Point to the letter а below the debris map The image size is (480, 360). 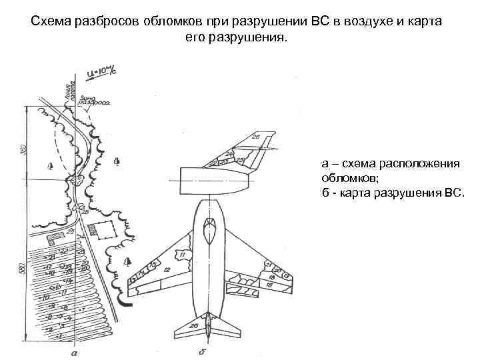coord(75,351)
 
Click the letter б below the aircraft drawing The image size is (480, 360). coord(201,351)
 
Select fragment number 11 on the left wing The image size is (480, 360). coord(181,255)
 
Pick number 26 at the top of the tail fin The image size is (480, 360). coord(257,137)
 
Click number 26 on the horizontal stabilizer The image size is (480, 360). coord(194,326)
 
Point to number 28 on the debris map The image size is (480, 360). coord(85,212)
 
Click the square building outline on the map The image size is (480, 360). coord(103,229)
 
